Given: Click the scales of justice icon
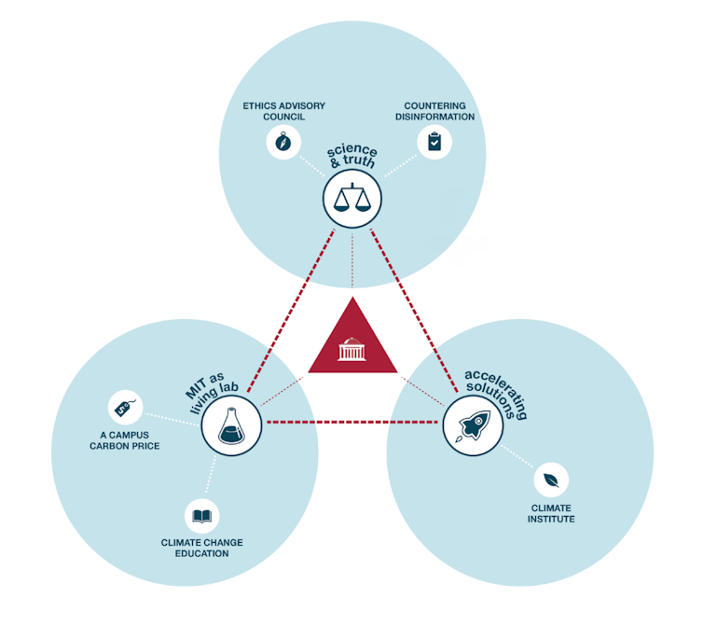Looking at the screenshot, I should [x=351, y=200].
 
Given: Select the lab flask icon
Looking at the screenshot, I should [x=231, y=426].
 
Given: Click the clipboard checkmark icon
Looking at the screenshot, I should [x=434, y=142].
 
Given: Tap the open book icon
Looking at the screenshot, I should [x=201, y=515].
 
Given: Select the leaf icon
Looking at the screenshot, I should [x=551, y=481].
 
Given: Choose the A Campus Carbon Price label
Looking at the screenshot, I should [x=124, y=440].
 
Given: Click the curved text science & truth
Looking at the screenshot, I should [x=351, y=157].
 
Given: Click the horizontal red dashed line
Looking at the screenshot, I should [x=351, y=423].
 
